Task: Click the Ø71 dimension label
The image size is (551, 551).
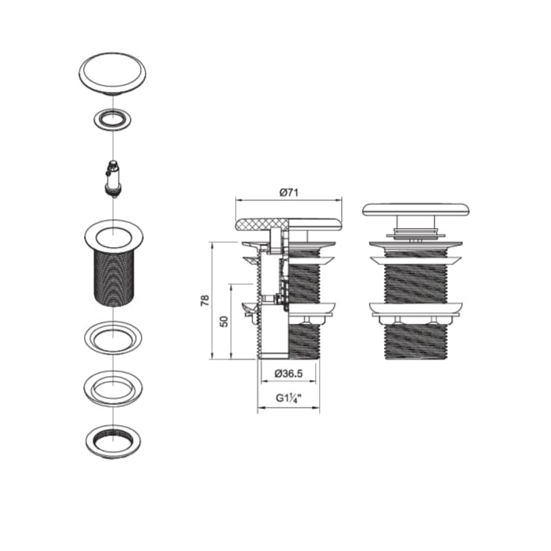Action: pos(288,192)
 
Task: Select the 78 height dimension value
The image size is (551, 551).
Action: pos(204,301)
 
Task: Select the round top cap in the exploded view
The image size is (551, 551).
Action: pos(112,72)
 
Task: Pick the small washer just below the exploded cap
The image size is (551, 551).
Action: pos(112,120)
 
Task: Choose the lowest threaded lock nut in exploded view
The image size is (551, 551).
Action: pos(112,439)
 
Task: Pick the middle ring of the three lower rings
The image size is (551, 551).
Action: pos(112,389)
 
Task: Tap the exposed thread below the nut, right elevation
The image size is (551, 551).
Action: pos(416,340)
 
